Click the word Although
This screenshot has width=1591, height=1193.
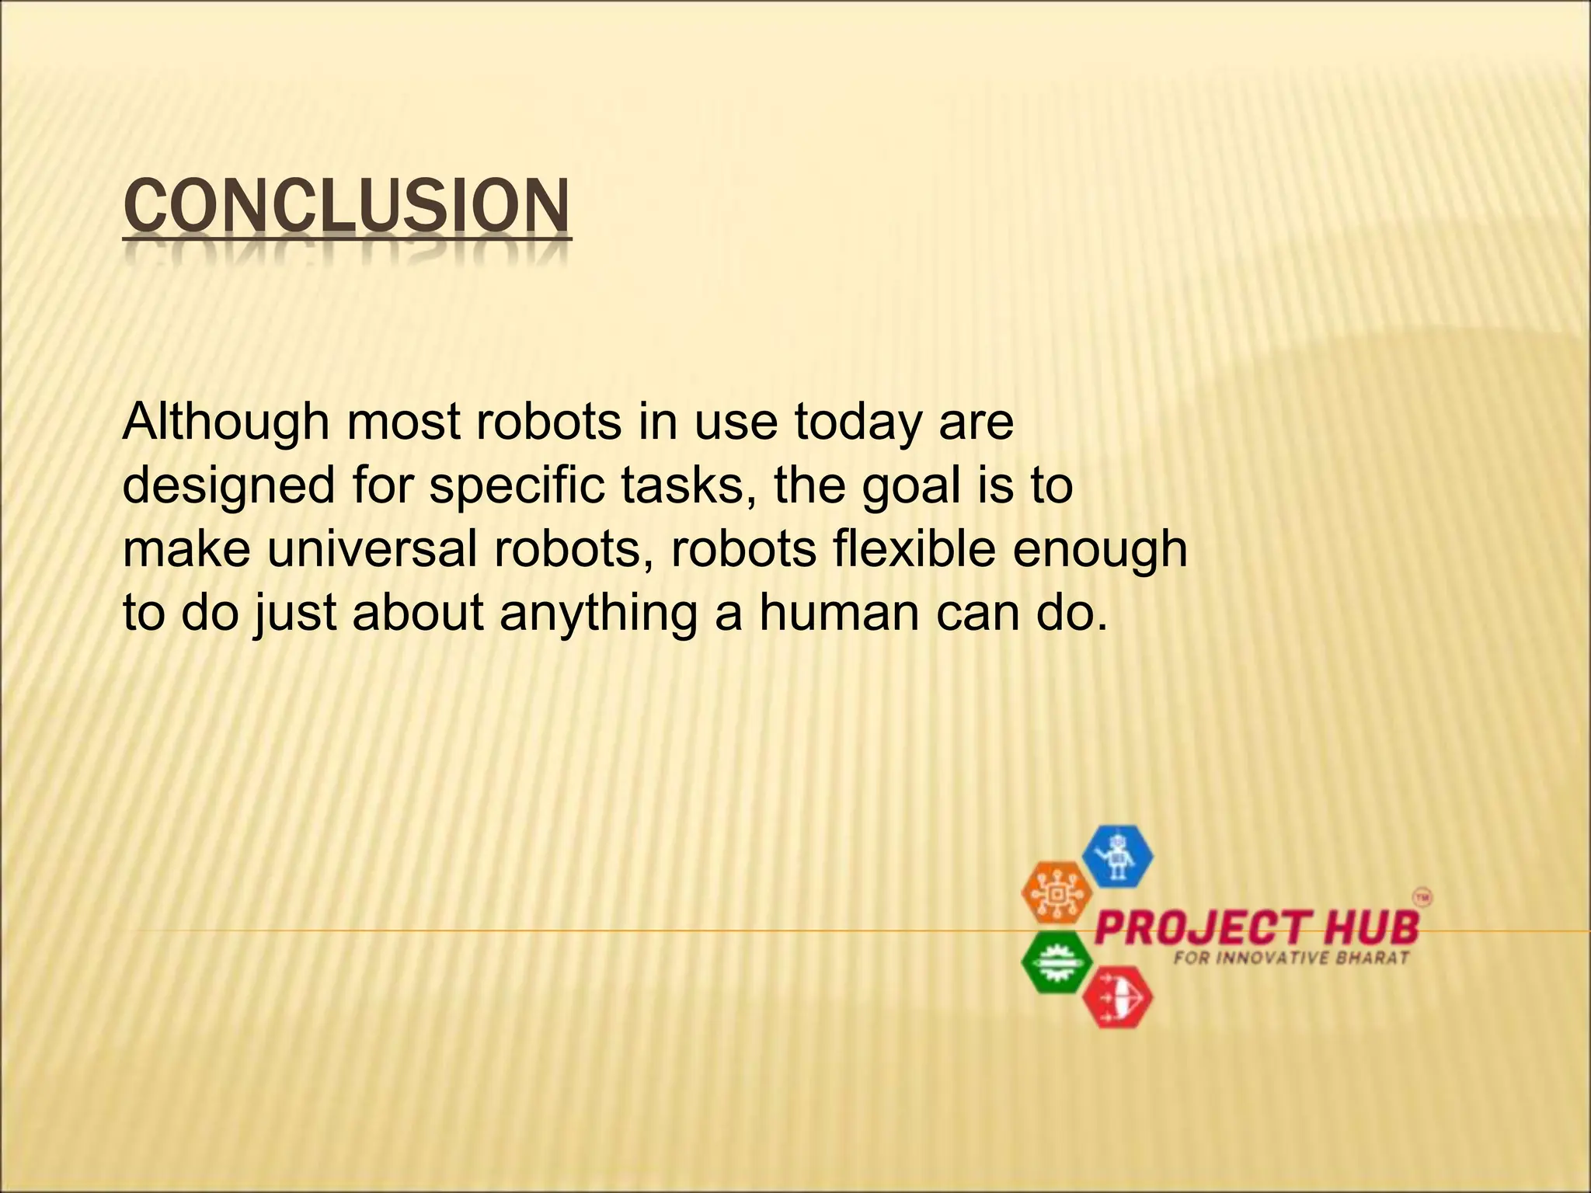(x=226, y=423)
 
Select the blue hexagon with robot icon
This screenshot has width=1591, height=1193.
(x=1118, y=857)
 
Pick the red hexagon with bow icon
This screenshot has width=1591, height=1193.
(x=1118, y=996)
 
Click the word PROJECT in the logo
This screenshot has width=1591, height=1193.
(x=1199, y=927)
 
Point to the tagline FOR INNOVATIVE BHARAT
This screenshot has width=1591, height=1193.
(x=1291, y=958)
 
